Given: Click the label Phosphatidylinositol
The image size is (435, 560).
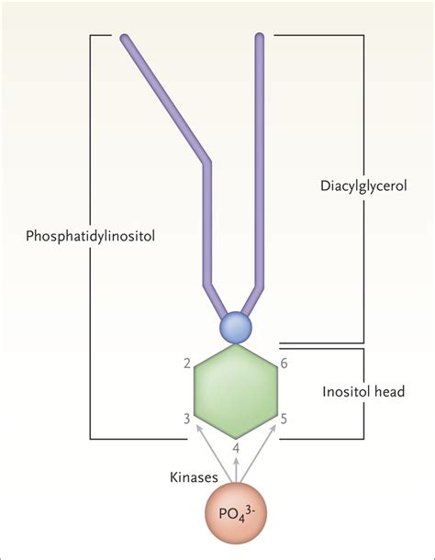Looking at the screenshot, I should tap(90, 235).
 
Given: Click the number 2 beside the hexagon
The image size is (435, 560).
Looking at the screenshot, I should tap(187, 364).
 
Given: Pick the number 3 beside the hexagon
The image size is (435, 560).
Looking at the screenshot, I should tap(187, 419).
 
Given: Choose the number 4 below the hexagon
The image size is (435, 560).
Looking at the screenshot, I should tap(238, 449).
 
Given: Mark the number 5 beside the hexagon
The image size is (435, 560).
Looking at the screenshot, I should tap(284, 420).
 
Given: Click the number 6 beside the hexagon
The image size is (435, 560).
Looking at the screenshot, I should tap(284, 364).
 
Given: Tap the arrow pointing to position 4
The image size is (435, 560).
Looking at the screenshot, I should tap(238, 468).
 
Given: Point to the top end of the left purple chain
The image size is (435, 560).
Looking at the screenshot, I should tap(125, 39).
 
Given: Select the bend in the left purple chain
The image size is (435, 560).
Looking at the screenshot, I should tap(206, 162).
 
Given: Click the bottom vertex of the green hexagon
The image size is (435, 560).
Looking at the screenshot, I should tap(238, 436).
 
